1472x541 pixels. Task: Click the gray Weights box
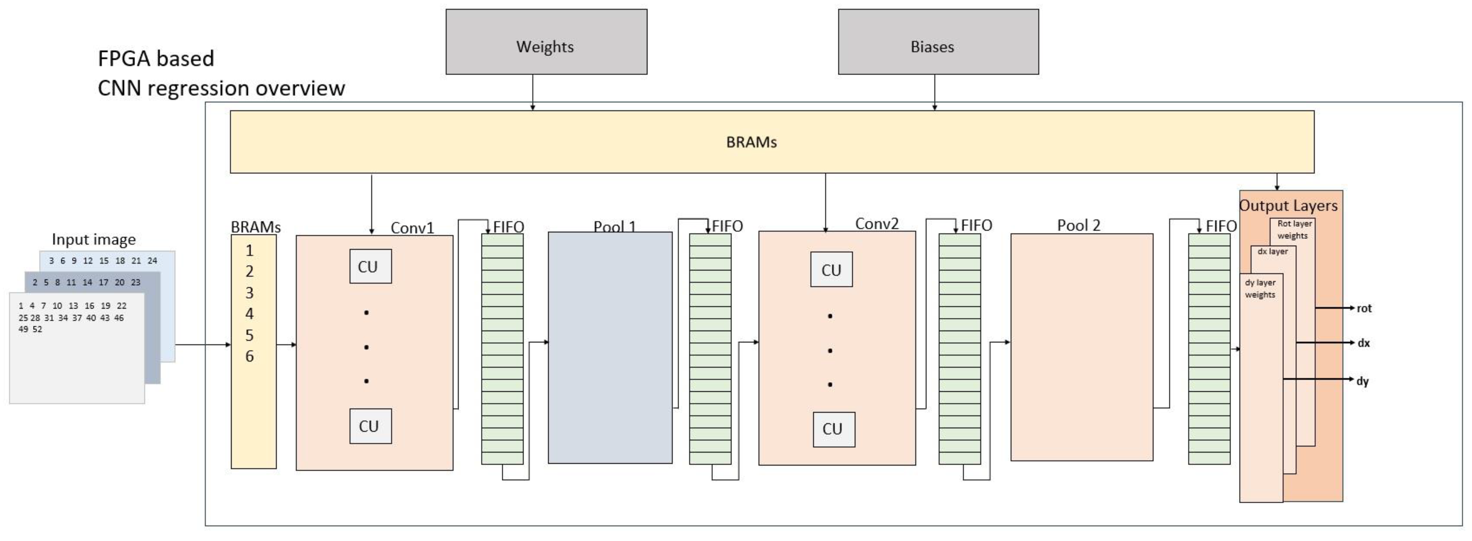(546, 42)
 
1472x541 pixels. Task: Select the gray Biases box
(938, 42)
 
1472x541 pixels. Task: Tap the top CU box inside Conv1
(370, 266)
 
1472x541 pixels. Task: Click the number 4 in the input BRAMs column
(249, 314)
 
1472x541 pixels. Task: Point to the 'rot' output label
(1364, 309)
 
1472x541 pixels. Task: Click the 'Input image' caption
(94, 239)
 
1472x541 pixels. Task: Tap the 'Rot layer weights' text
(1294, 230)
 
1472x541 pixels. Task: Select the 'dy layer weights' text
(1260, 288)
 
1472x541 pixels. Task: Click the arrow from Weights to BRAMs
(532, 91)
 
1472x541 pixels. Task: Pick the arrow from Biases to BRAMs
(934, 91)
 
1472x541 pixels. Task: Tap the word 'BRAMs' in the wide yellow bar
(751, 142)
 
